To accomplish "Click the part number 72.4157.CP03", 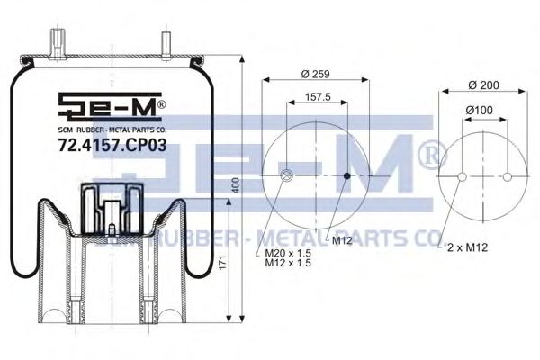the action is [x=112, y=145].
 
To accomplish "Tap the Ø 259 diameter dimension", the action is [x=316, y=74].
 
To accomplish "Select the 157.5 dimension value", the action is [x=318, y=97].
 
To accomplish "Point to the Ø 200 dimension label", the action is [x=484, y=85].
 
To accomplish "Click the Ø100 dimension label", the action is [x=479, y=110].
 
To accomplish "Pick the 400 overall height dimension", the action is [x=236, y=185].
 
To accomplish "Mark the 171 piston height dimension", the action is [x=223, y=262].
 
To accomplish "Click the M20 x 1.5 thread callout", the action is [x=288, y=253].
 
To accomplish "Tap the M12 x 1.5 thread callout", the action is [x=288, y=263].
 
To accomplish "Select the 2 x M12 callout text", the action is [x=467, y=247].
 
